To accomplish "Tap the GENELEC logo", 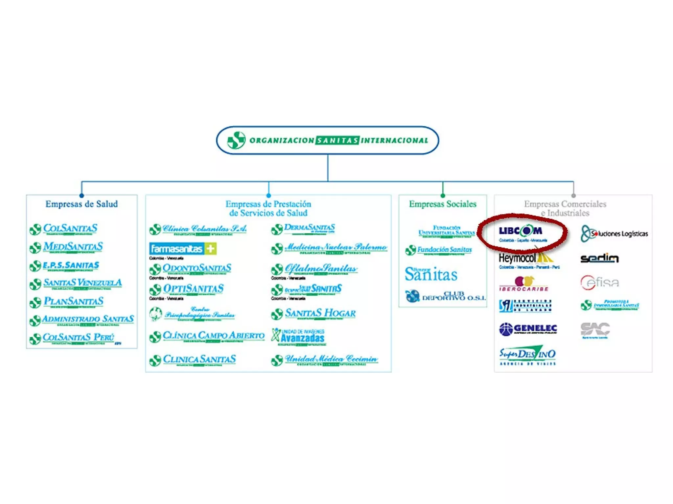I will point(528,329).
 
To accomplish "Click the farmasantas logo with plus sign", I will point(183,249).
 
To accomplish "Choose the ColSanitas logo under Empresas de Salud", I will point(64,229).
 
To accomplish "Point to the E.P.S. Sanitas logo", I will point(64,265).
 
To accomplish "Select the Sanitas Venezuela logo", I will point(76,283).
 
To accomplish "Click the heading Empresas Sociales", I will point(442,204).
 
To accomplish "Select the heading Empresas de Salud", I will point(81,204).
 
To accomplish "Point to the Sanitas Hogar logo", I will point(313,314).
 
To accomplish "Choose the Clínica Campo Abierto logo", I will point(207,336).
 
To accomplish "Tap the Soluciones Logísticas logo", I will point(614,233).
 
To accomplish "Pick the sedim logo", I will point(599,258).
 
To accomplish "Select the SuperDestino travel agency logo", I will point(527,355).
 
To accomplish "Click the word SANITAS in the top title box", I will point(337,140).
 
